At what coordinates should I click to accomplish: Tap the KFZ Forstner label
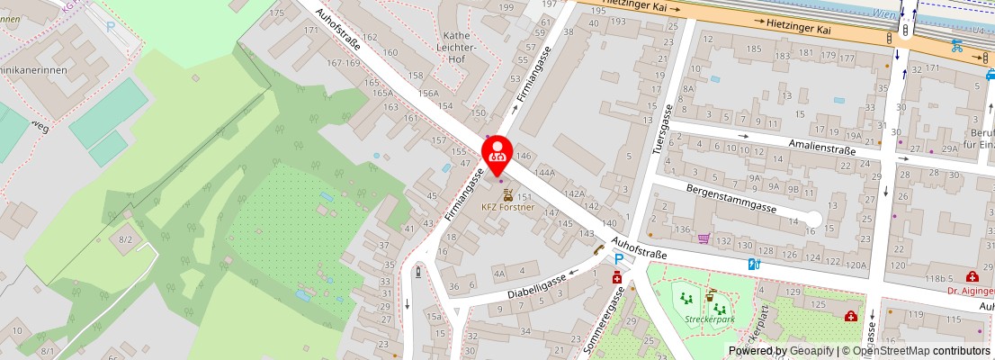pos(507,207)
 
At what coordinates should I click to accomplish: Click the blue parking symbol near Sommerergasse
pos(618,260)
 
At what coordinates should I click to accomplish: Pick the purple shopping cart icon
pos(704,238)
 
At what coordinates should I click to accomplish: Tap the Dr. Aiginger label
pos(970,291)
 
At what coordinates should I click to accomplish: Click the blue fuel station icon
pos(755,264)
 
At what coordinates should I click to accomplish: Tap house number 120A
pos(856,265)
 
